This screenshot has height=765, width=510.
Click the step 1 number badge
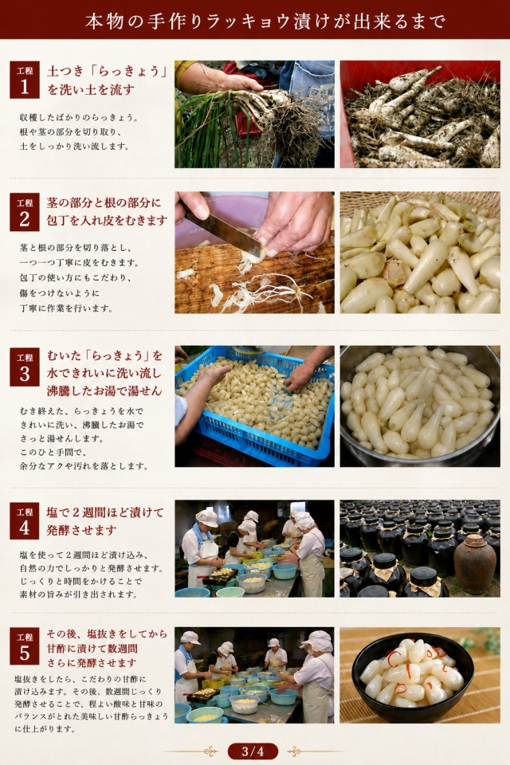point(25,80)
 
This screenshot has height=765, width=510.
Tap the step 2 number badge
point(25,212)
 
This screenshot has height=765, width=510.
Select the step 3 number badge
point(25,367)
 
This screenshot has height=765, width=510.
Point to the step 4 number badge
point(25,520)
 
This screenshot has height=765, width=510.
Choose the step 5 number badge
point(25,646)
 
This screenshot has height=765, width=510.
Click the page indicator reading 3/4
point(253,751)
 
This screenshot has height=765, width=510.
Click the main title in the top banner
point(265,21)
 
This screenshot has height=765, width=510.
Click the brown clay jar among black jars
point(474,563)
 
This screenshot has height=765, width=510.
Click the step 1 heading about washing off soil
point(107,80)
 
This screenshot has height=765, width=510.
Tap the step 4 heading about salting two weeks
point(105,521)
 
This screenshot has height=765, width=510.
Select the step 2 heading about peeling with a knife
point(107,212)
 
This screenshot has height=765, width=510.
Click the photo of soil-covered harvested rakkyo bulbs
point(420,114)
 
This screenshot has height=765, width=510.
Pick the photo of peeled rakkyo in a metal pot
point(420,406)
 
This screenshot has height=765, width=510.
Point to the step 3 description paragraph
point(84,438)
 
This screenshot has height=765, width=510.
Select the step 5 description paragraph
point(91,704)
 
